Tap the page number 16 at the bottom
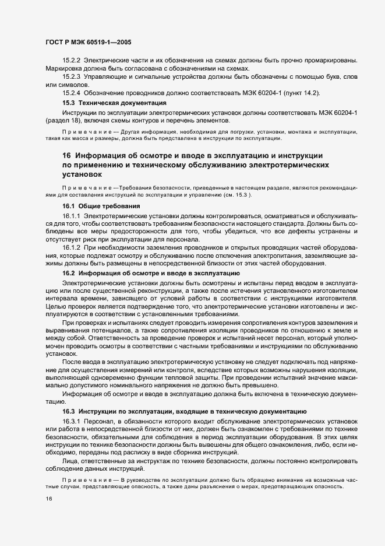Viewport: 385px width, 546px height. point(49,499)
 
